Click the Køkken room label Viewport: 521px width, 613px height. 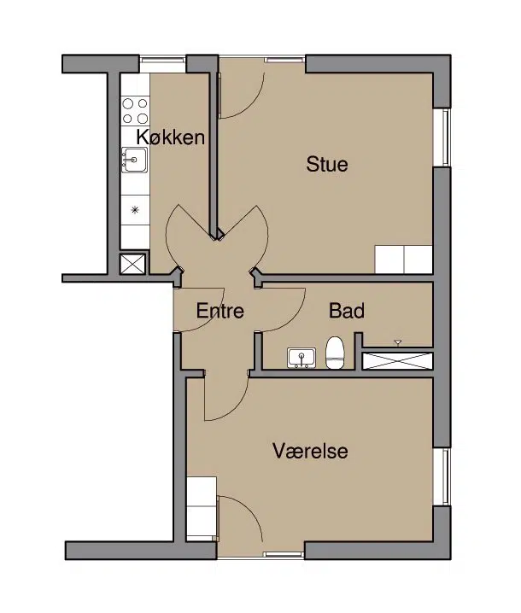(x=171, y=137)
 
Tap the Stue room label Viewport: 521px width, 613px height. (x=327, y=164)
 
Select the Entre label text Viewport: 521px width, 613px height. (x=220, y=311)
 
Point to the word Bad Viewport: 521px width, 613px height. (x=347, y=311)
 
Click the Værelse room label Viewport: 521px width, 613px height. (x=310, y=451)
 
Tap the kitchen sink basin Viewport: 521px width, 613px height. (x=135, y=160)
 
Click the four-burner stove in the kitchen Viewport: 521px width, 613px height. (x=135, y=111)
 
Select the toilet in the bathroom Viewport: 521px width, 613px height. (x=335, y=353)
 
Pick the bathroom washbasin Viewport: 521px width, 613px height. (x=301, y=358)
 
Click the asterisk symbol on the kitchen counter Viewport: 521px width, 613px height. (x=135, y=210)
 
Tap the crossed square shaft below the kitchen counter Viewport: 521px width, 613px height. (x=133, y=264)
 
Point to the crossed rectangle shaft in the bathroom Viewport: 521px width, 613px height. (x=397, y=361)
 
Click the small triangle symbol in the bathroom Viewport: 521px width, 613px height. (x=398, y=343)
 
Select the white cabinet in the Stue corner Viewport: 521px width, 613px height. (x=403, y=260)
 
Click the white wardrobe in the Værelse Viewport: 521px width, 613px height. (x=202, y=509)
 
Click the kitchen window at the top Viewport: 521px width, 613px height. (x=162, y=60)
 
